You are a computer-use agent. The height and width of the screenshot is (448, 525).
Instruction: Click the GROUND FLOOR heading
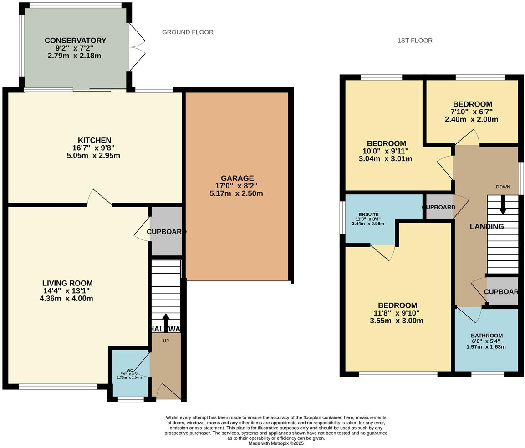[x=188, y=32]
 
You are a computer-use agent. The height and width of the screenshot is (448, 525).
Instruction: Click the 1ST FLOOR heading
[x=415, y=41]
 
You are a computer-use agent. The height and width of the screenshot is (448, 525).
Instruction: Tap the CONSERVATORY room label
[x=75, y=41]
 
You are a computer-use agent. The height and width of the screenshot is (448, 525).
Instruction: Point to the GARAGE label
[x=237, y=178]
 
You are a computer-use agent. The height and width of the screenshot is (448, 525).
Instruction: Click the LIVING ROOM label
[x=67, y=283]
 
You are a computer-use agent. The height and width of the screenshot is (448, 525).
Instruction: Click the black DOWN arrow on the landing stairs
[x=503, y=204]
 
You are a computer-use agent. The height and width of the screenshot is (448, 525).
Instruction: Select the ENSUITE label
[x=368, y=214]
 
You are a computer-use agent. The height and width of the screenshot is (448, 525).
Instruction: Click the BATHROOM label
[x=486, y=336]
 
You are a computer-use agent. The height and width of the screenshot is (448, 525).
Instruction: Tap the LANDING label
[x=486, y=226]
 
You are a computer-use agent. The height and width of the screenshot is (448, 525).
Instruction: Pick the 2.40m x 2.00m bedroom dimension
[x=471, y=119]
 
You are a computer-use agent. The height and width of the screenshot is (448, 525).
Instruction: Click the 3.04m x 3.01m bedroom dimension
[x=385, y=159]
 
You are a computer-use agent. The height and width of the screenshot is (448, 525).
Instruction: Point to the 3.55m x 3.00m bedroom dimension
[x=397, y=321]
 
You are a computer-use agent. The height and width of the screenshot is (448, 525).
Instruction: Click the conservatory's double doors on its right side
[x=137, y=47]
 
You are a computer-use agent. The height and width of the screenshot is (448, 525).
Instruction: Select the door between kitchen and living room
[x=99, y=198]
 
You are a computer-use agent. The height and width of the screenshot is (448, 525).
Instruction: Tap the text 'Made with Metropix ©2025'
[x=276, y=443]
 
